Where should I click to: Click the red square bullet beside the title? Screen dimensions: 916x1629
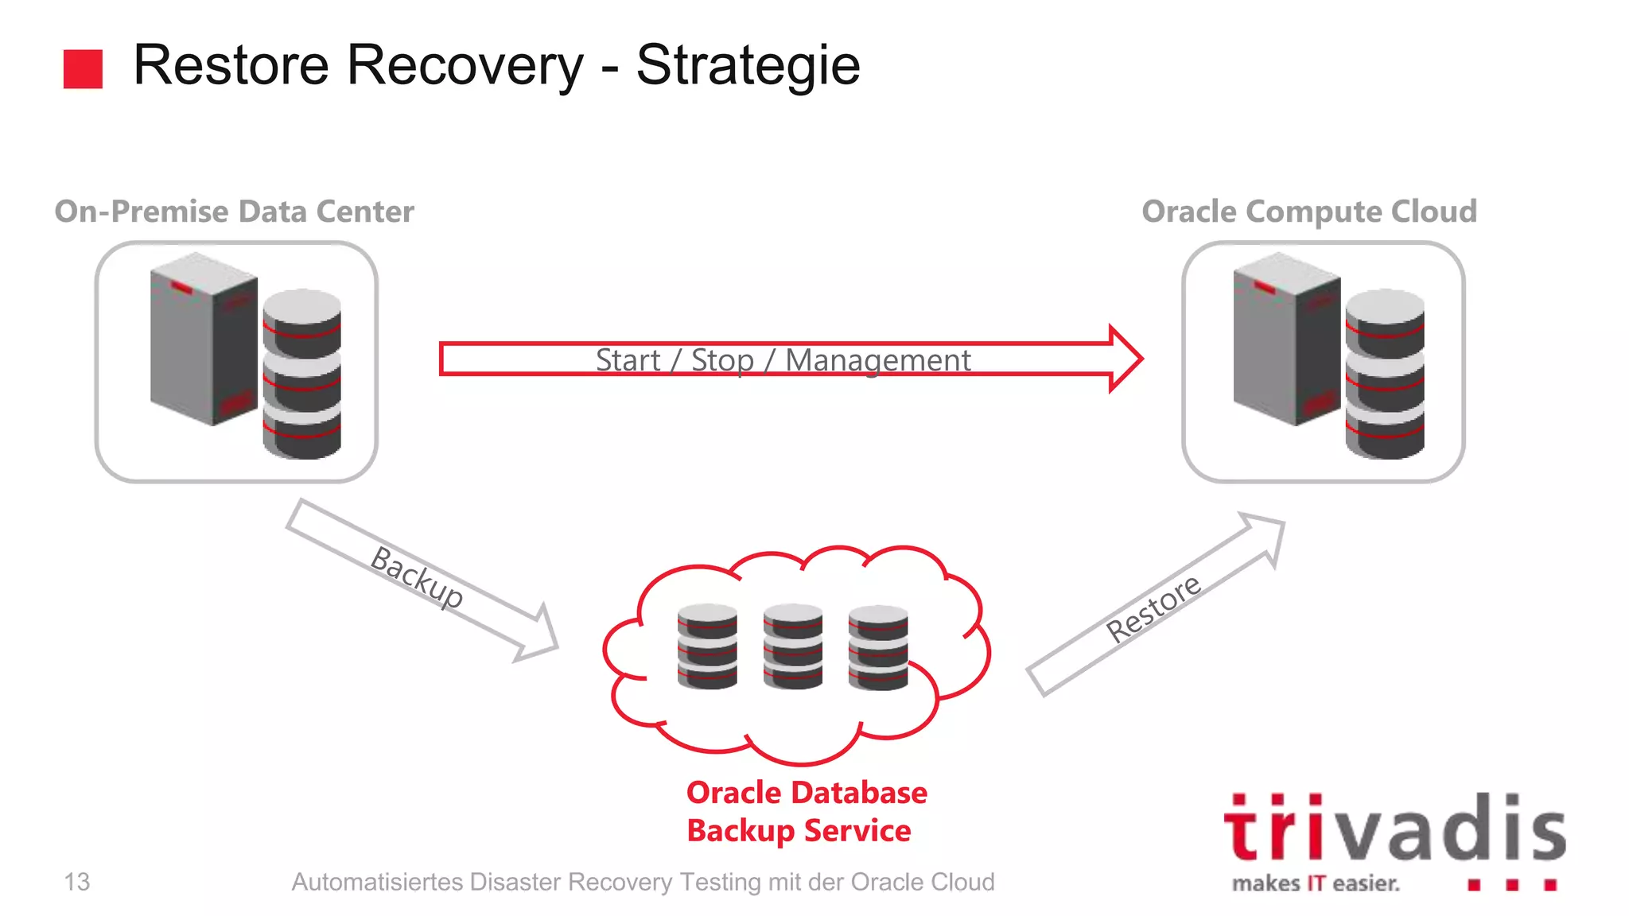tap(83, 68)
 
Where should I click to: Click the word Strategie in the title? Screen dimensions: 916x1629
tap(748, 65)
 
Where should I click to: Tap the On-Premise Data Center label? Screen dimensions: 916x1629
tap(234, 212)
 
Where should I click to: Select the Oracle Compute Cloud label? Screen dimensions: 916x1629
tap(1309, 212)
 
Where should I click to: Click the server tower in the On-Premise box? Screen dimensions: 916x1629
tap(204, 338)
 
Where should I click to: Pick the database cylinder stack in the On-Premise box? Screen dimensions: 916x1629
tap(302, 374)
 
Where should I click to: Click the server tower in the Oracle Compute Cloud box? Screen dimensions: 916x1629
tap(1286, 338)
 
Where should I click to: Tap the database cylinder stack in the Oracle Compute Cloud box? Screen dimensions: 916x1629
tap(1385, 374)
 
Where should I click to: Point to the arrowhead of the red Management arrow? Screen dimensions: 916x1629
tap(1125, 359)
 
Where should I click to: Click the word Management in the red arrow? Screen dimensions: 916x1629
tap(877, 360)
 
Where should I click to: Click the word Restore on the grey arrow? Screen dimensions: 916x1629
tap(1153, 607)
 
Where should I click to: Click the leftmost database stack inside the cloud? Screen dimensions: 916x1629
tap(707, 646)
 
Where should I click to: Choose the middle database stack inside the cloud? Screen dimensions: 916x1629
tap(792, 646)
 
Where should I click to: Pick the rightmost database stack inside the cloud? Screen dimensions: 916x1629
tap(878, 646)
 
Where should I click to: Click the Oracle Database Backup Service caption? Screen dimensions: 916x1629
tap(805, 811)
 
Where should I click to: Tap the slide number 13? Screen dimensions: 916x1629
tap(77, 882)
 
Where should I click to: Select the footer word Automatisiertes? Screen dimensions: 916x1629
tap(377, 882)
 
